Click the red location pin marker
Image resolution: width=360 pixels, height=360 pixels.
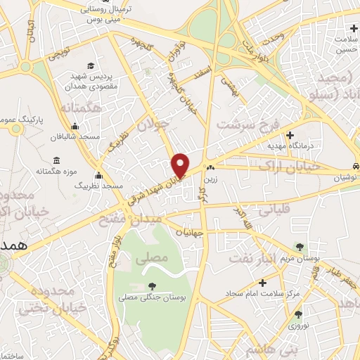point(181,165)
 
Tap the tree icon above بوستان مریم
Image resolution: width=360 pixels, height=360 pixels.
point(301,247)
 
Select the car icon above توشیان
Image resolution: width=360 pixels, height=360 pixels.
point(356,167)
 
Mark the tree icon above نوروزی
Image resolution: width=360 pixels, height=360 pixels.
point(298,314)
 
